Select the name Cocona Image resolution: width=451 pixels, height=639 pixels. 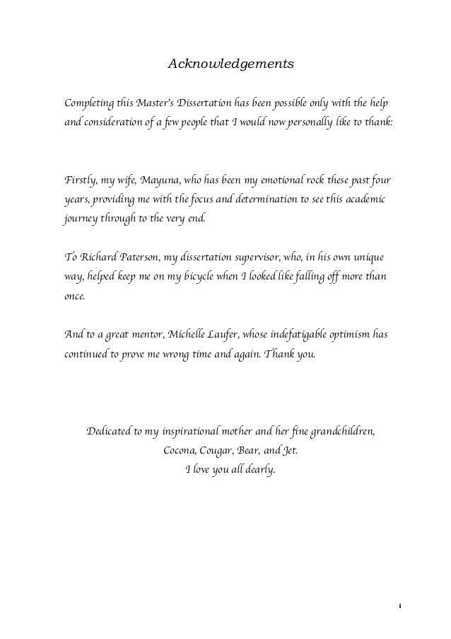click(x=180, y=450)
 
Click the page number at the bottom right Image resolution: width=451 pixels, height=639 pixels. click(x=401, y=606)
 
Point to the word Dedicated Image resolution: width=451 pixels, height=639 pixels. click(x=111, y=431)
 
